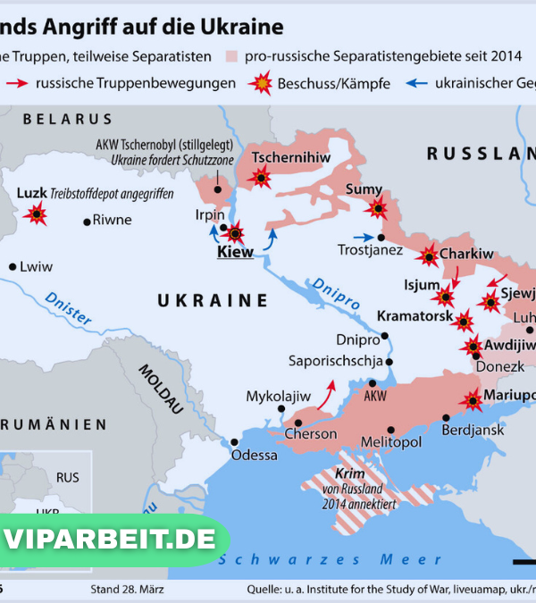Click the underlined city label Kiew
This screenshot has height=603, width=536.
[x=235, y=253]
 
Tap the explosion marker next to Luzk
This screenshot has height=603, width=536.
[x=37, y=214]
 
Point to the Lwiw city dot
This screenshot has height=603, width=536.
[x=13, y=266]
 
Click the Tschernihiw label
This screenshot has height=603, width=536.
[x=291, y=158]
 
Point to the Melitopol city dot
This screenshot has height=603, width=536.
[x=390, y=430]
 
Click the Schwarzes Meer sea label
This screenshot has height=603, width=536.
[x=331, y=559]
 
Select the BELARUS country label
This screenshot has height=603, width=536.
[x=68, y=119]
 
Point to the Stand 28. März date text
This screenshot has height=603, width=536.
[x=127, y=590]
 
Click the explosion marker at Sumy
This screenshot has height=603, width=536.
[x=378, y=209]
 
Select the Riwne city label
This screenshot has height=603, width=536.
[x=112, y=220]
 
